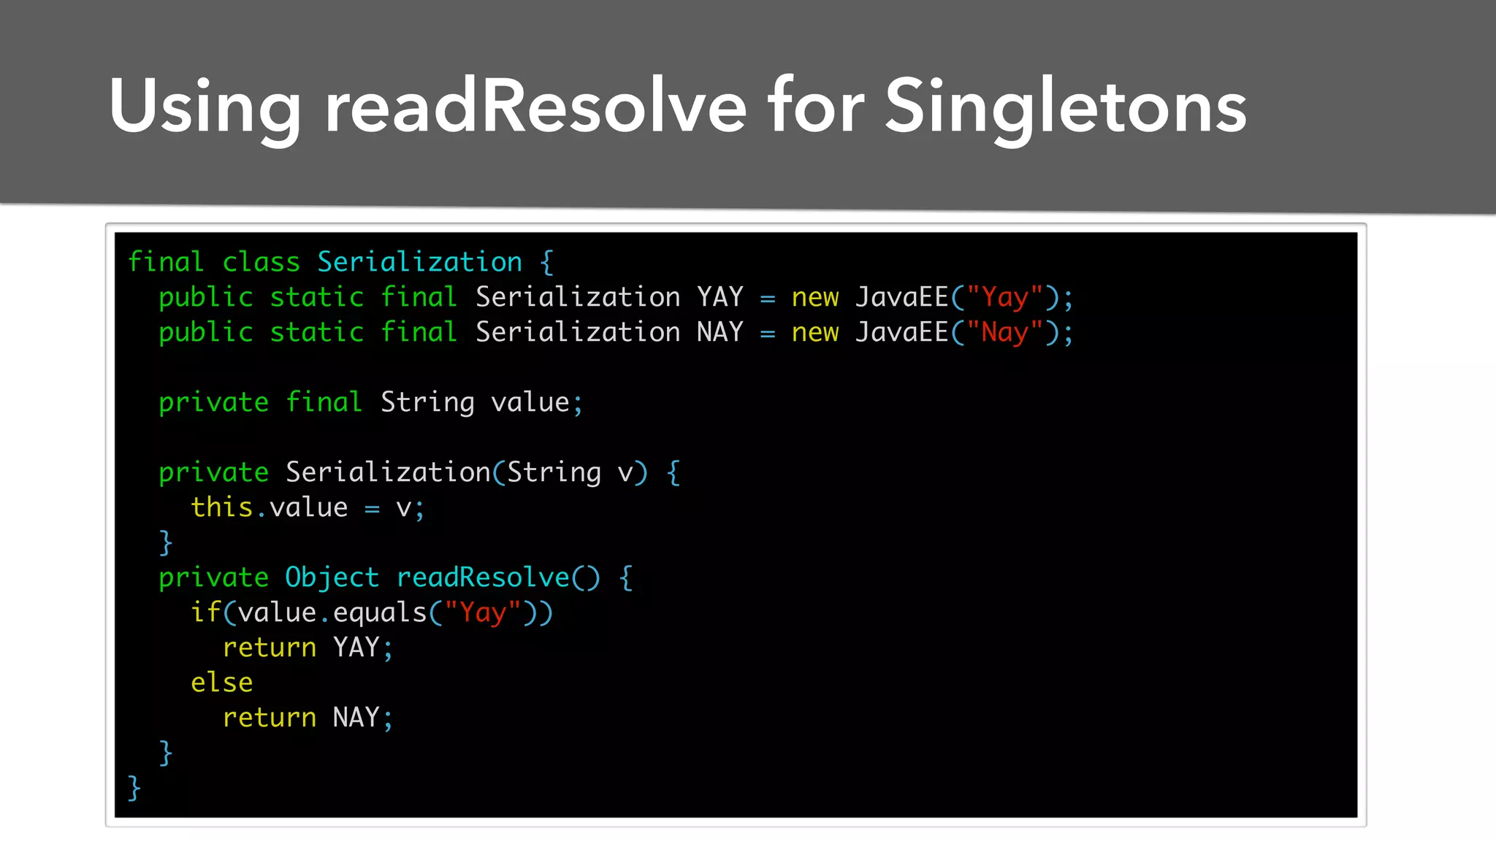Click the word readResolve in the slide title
coord(535,107)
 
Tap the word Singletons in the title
coord(1065,108)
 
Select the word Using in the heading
coord(205,108)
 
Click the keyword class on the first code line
coord(261,262)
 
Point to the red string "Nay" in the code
coord(1004,333)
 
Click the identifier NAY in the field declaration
coord(720,332)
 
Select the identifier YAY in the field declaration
coord(720,297)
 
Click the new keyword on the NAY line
coord(814,333)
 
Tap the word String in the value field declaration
coord(427,402)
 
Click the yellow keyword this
coord(221,507)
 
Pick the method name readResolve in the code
coord(482,577)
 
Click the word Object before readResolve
coord(332,577)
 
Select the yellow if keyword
coord(205,612)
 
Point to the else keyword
coord(221,683)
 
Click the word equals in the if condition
coord(379,612)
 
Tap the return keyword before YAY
coord(269,648)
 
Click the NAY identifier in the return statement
coord(356,718)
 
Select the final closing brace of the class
coord(134,788)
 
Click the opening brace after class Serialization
coord(547,262)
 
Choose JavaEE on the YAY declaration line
coord(901,297)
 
